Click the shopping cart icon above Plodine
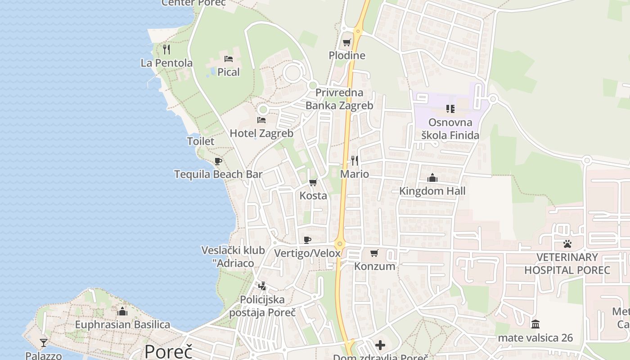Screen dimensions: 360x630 346,43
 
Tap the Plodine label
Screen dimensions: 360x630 347,56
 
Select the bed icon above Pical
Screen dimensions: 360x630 229,59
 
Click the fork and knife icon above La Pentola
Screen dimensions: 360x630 166,49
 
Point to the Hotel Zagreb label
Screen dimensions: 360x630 261,134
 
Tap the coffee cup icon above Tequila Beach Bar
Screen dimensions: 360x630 218,161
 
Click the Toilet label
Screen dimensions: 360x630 201,141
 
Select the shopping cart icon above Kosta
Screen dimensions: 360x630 313,183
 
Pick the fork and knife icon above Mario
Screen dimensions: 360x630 355,161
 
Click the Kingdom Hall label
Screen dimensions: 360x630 432,191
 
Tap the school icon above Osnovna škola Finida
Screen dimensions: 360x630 450,109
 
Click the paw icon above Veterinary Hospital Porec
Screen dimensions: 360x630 567,244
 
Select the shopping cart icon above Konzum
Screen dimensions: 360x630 374,253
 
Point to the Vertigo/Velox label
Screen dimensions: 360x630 307,253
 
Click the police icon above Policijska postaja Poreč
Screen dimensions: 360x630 262,286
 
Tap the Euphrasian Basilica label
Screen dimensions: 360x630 122,325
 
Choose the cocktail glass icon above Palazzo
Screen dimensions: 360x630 44,343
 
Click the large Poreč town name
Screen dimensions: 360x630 168,351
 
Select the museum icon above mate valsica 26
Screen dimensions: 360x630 535,324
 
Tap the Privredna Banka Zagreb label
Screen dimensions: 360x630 339,99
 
